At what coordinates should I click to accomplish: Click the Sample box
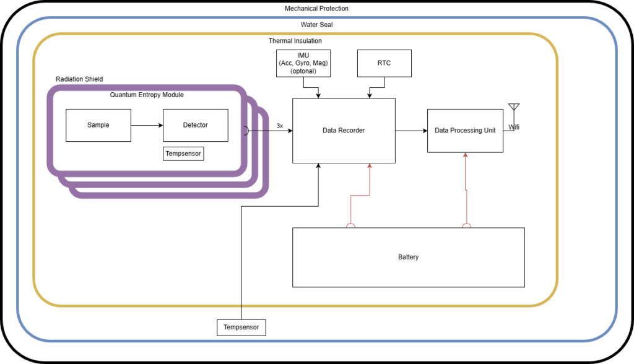98,125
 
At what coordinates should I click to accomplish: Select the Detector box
195,125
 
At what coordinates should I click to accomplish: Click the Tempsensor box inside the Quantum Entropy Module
183,154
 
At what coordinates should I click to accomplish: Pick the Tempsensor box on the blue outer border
241,327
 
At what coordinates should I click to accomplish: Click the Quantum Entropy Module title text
147,95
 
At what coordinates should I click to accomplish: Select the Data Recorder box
344,131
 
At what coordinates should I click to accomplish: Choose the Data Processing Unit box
465,131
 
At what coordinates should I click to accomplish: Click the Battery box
408,257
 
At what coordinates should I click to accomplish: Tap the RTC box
384,63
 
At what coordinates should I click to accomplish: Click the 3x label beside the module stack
280,126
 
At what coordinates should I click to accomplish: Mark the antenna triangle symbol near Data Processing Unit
513,107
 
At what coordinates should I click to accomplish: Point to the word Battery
408,257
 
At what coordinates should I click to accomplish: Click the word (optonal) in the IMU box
303,71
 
